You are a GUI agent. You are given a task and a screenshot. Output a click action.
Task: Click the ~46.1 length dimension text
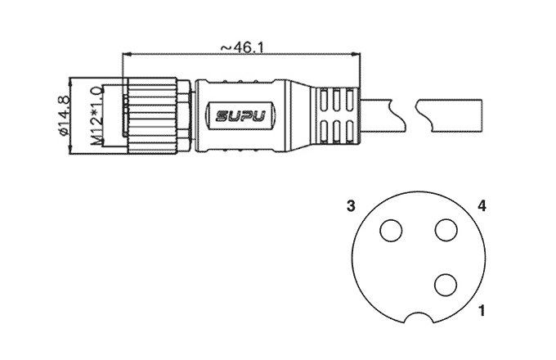pyautogui.click(x=242, y=48)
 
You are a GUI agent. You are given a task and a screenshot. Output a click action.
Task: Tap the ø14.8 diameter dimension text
pyautogui.click(x=64, y=115)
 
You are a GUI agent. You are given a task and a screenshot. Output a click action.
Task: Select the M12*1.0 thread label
pyautogui.click(x=96, y=115)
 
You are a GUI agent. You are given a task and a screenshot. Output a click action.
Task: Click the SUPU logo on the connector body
pyautogui.click(x=240, y=115)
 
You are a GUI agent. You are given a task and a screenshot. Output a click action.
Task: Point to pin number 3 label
pyautogui.click(x=351, y=206)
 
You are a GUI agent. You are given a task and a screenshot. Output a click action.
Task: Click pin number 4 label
pyautogui.click(x=482, y=206)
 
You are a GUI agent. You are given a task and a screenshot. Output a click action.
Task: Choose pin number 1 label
pyautogui.click(x=482, y=311)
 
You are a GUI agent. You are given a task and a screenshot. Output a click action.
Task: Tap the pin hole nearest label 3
pyautogui.click(x=391, y=231)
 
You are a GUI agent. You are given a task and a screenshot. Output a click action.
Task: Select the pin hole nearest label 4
pyautogui.click(x=446, y=231)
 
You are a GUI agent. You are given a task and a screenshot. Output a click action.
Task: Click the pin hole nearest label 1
pyautogui.click(x=446, y=286)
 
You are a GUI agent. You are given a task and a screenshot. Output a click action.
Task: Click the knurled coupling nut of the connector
pyautogui.click(x=152, y=115)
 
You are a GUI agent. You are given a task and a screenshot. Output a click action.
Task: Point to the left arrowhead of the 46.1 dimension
pyautogui.click(x=127, y=54)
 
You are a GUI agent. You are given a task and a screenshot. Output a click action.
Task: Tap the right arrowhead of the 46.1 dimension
pyautogui.click(x=356, y=54)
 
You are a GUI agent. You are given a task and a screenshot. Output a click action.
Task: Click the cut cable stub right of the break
pyautogui.click(x=449, y=115)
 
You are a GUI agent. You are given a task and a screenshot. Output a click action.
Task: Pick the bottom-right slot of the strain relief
pyautogui.click(x=350, y=133)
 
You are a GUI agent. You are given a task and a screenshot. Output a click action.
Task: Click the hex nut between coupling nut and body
pyautogui.click(x=184, y=115)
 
